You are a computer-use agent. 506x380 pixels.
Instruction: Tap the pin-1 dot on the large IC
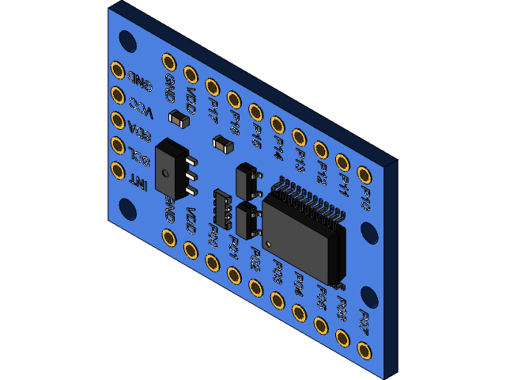tap(269, 243)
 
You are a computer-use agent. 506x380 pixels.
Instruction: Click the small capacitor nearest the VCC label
tap(179, 119)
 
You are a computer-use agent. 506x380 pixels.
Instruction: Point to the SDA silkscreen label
tap(139, 131)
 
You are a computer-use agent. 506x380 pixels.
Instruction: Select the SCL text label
tap(138, 157)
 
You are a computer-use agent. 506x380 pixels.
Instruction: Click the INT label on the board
tap(138, 182)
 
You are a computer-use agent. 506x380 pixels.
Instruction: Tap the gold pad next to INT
tap(118, 169)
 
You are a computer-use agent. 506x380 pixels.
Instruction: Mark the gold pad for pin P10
tap(364, 174)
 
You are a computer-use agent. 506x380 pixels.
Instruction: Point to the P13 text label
tap(300, 161)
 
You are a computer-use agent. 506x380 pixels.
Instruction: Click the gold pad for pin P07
tap(364, 349)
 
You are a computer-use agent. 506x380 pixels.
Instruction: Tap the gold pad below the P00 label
tap(212, 262)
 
